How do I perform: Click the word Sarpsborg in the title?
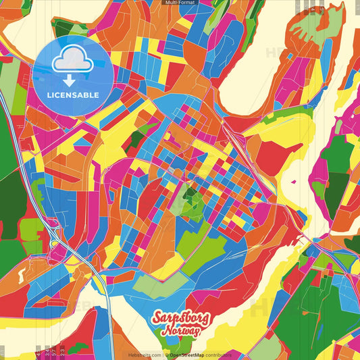point(180,319)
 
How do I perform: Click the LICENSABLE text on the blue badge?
point(72,95)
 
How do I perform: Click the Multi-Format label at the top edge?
point(180,3)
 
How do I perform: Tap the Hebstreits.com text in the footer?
point(145,355)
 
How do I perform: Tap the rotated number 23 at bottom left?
point(62,351)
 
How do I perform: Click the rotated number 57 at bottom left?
point(46,351)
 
